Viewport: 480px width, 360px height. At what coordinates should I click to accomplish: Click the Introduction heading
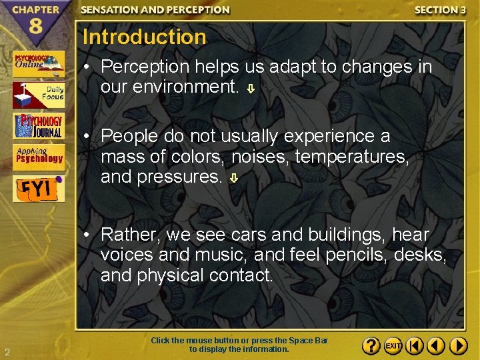[x=145, y=37]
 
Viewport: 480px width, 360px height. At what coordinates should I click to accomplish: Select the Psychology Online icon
[x=39, y=64]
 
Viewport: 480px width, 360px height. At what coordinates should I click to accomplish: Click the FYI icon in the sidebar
[x=39, y=188]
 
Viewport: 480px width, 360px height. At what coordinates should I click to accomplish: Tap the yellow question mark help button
[x=371, y=346]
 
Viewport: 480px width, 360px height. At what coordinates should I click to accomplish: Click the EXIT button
[x=393, y=346]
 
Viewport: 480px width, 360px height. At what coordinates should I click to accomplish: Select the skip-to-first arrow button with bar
[x=414, y=346]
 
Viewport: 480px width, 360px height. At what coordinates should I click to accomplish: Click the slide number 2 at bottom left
[x=6, y=352]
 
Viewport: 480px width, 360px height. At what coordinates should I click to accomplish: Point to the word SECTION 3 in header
[x=440, y=10]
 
